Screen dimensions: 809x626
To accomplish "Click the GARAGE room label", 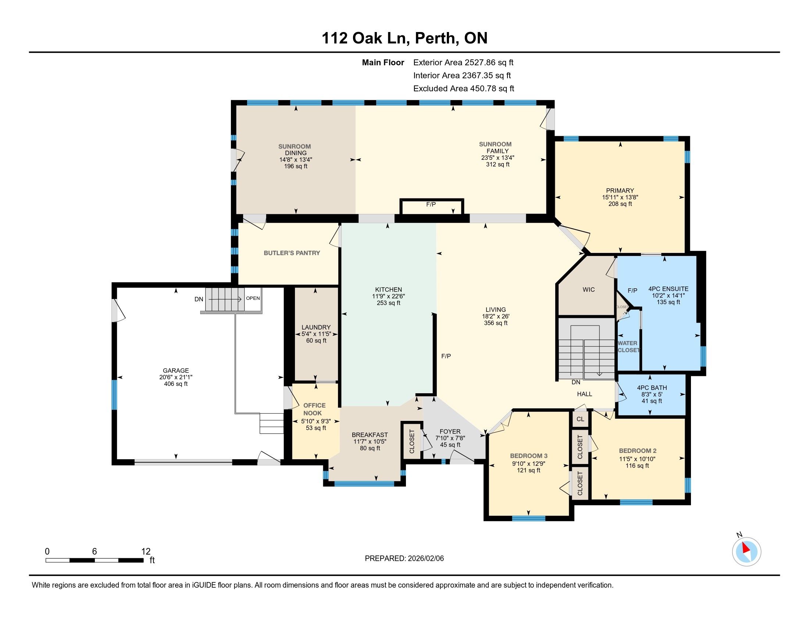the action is point(176,370).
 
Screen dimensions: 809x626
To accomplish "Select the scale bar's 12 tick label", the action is point(146,552).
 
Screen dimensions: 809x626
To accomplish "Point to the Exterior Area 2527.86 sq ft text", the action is point(463,62).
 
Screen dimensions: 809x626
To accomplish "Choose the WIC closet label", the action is point(588,289).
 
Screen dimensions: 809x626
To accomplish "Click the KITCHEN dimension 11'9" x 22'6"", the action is point(388,296).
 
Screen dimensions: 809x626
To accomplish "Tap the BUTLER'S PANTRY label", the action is point(292,253).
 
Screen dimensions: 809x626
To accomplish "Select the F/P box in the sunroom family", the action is point(432,207).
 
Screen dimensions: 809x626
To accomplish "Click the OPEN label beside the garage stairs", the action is point(253,298).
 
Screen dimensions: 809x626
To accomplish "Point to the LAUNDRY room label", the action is point(316,327).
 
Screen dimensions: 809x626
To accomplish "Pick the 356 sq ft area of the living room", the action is point(496,323).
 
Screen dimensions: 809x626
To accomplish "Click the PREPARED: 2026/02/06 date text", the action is point(404,558).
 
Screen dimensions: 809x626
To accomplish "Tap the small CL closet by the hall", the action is point(580,419).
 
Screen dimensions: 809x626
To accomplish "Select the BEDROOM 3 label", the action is point(528,456).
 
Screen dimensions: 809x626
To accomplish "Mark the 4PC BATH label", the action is point(652,387).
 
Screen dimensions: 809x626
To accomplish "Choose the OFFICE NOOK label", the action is point(314,409).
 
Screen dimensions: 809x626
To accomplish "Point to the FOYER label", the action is point(450,431).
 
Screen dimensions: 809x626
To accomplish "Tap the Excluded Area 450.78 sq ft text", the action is point(464,88).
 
